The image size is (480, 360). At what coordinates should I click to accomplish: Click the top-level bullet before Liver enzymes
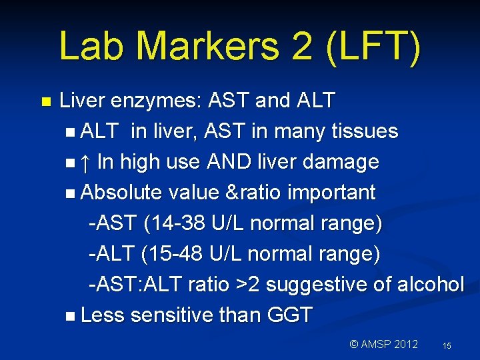pos(45,102)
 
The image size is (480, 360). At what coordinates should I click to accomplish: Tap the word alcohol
pos(430,285)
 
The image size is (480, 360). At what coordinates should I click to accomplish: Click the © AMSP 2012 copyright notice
pos(384,344)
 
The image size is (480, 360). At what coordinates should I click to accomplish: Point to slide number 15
pos(447,345)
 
